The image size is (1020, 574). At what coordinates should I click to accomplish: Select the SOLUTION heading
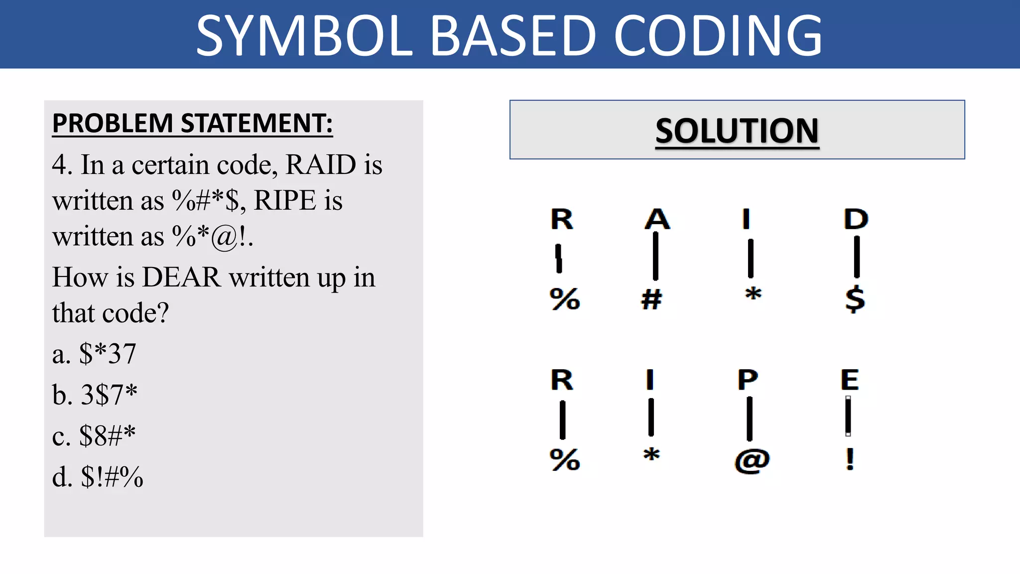tap(737, 131)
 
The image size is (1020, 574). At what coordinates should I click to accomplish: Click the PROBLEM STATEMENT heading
tap(192, 123)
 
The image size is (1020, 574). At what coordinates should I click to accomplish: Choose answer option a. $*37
tap(94, 354)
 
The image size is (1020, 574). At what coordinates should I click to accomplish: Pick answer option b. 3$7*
tap(95, 395)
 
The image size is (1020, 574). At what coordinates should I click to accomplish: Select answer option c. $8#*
tap(94, 435)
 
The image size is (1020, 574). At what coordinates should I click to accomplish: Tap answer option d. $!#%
tap(98, 477)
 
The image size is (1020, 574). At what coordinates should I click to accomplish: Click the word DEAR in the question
tap(181, 277)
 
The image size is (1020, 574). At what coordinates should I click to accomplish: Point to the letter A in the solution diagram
tap(657, 219)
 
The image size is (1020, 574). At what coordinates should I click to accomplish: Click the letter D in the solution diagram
tap(856, 219)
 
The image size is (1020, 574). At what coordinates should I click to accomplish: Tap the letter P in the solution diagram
tap(748, 380)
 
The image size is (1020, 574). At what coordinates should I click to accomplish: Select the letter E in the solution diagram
tap(850, 380)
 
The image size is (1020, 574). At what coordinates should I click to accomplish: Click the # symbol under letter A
tap(651, 299)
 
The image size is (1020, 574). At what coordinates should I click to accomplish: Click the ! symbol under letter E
tap(850, 459)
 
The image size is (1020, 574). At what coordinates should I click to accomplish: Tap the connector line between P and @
tap(750, 419)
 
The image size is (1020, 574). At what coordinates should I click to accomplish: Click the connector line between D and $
tap(857, 257)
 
